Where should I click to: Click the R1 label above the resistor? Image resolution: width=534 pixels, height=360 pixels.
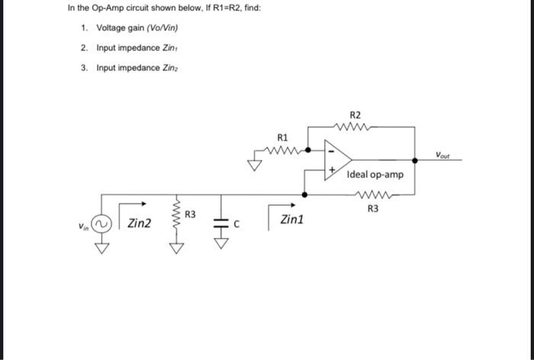click(x=282, y=138)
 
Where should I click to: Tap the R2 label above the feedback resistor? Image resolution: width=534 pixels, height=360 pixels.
click(x=355, y=113)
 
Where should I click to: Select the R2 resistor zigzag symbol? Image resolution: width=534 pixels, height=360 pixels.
click(x=355, y=127)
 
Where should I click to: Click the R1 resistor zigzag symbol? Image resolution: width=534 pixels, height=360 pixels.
click(x=284, y=150)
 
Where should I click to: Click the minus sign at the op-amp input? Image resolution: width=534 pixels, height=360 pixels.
click(x=330, y=151)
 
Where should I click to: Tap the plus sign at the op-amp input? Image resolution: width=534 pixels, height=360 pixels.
click(x=331, y=171)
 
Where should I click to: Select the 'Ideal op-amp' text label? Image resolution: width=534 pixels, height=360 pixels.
click(x=375, y=175)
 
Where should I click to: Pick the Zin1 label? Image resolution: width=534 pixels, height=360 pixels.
click(x=291, y=220)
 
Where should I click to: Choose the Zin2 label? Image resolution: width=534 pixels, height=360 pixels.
click(x=139, y=223)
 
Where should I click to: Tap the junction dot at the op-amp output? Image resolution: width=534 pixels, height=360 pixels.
click(x=414, y=160)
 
